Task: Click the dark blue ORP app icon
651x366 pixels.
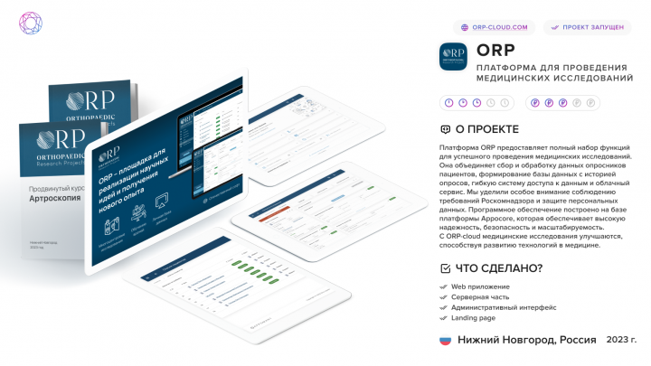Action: coord(452,57)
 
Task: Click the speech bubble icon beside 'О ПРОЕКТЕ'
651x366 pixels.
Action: coord(445,129)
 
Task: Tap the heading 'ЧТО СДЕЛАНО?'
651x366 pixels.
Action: coord(499,267)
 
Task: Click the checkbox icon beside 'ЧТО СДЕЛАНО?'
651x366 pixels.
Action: coord(445,267)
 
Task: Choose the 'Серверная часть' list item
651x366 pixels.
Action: coord(481,296)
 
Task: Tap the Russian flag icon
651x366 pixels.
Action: coord(445,340)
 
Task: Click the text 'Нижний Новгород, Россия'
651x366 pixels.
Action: coord(526,340)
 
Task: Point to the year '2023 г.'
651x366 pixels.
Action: coord(621,340)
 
